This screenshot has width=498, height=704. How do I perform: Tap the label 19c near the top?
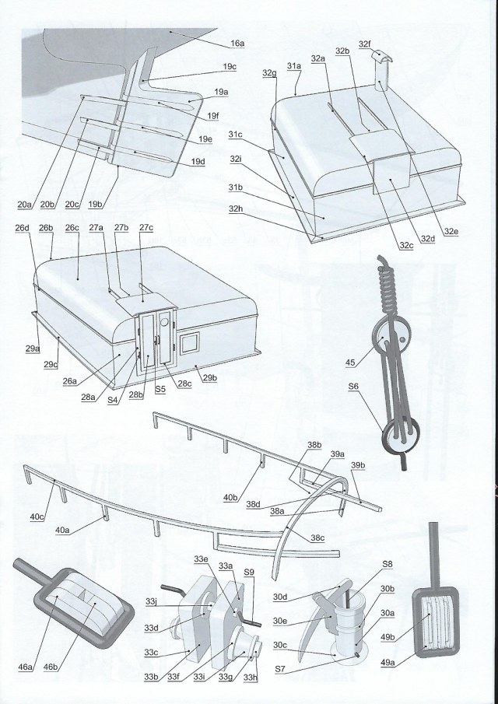(229, 67)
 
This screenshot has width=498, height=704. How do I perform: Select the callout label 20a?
(24, 205)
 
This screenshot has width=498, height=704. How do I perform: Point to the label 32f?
(365, 45)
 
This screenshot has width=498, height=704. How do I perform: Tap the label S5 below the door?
(161, 387)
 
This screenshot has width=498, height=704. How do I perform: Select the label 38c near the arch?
(317, 538)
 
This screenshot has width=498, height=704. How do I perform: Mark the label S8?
(388, 563)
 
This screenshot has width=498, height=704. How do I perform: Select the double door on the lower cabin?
(154, 340)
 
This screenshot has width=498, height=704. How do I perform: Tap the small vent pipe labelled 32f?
(380, 76)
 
